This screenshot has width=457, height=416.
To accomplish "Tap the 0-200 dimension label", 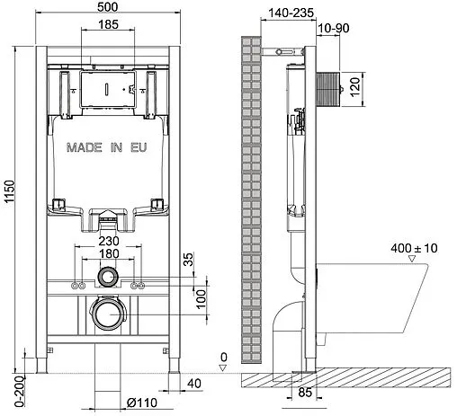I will point(10,390).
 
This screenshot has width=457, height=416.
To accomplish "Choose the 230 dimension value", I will point(108,241).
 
